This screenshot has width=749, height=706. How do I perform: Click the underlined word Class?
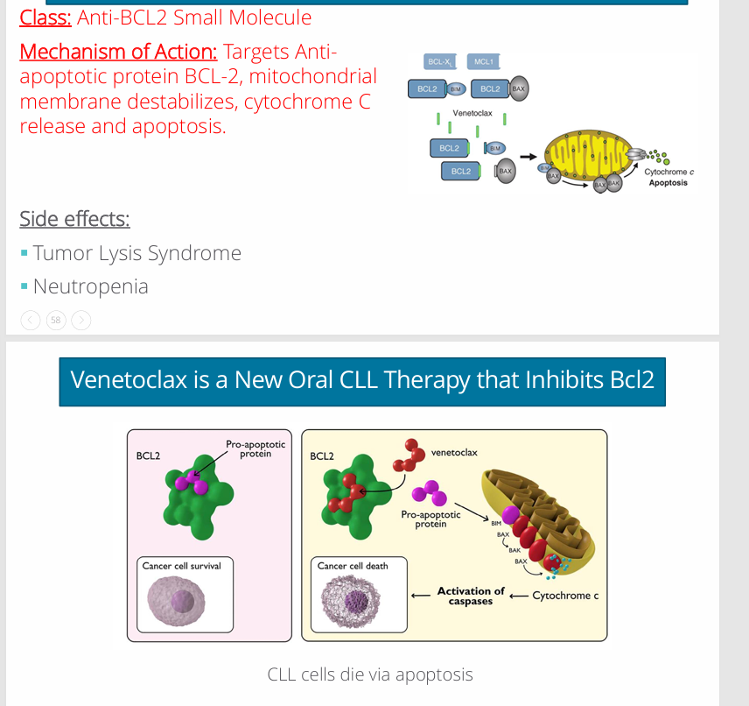[x=45, y=17]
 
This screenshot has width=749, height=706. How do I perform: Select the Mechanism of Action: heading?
[x=118, y=52]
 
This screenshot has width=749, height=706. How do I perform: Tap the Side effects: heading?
[x=74, y=218]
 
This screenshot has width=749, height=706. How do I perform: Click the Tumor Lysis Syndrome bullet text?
[x=136, y=253]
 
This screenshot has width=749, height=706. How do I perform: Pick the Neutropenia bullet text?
[x=90, y=286]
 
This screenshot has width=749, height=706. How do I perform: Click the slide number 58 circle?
[x=56, y=321]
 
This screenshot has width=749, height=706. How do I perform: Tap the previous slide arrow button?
[x=31, y=321]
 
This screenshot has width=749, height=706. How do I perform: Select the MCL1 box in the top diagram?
[x=483, y=61]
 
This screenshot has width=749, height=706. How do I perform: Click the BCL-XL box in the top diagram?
[x=439, y=61]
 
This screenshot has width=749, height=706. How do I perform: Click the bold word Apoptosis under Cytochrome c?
[x=668, y=183]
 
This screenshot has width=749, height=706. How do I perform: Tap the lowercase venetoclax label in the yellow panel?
[x=454, y=453]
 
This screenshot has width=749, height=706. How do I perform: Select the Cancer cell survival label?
[x=182, y=566]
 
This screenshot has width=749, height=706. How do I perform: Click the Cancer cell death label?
[x=353, y=566]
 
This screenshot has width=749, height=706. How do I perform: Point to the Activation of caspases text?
[x=471, y=596]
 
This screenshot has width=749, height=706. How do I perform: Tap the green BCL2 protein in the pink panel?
[x=197, y=499]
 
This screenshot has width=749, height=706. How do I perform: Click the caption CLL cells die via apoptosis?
[x=370, y=674]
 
